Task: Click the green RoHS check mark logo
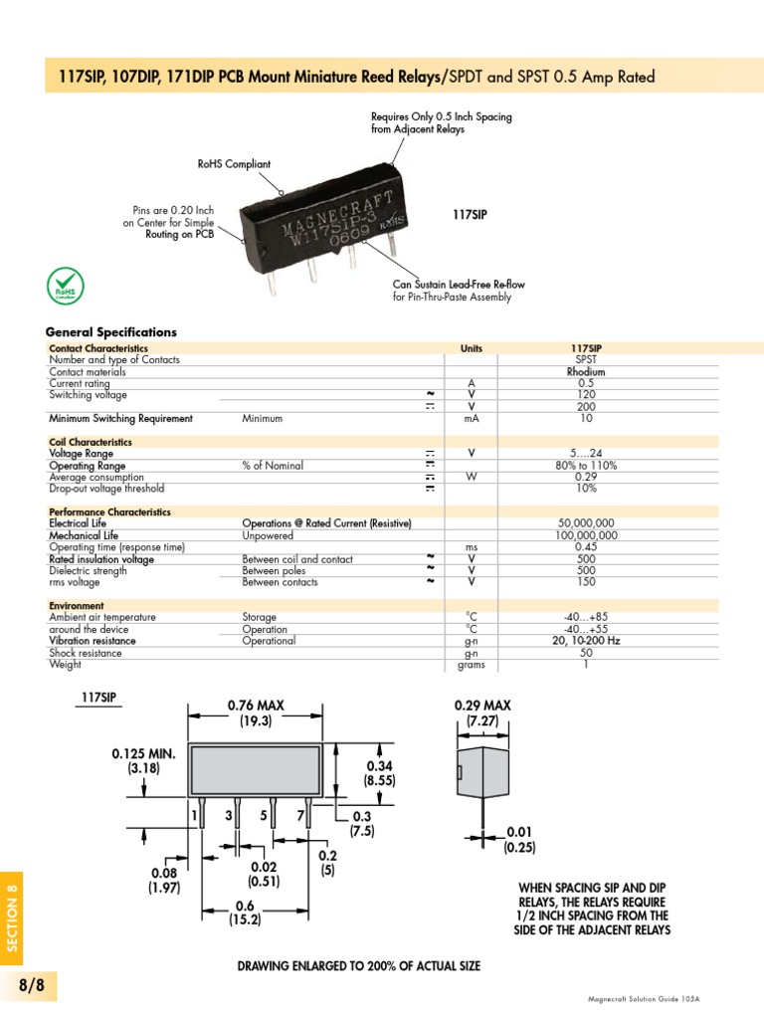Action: (x=66, y=286)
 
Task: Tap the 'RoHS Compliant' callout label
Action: (x=235, y=164)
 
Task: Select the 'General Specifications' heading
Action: (x=111, y=332)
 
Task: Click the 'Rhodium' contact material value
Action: (x=586, y=372)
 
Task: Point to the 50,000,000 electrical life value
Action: (x=586, y=523)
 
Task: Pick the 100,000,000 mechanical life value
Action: (x=586, y=535)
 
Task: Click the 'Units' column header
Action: (x=472, y=349)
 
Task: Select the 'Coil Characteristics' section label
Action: (x=91, y=442)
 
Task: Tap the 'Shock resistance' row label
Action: (x=86, y=653)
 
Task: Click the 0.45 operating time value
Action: (x=586, y=547)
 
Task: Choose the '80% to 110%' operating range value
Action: (x=586, y=466)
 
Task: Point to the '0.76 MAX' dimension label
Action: (x=256, y=706)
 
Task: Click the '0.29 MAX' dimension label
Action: (x=482, y=706)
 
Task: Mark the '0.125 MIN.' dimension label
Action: (x=143, y=754)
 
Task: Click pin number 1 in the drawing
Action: (x=195, y=816)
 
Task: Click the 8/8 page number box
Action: (x=33, y=985)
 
